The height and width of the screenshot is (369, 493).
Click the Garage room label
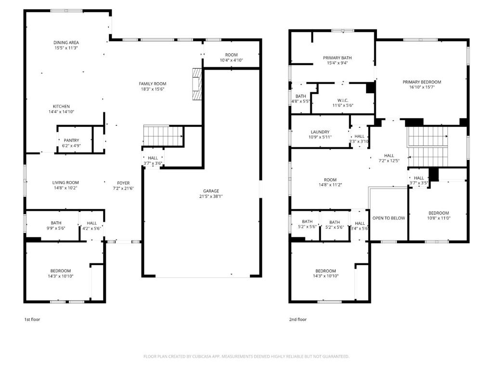(211, 191)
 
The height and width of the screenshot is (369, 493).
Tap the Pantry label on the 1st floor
(71, 140)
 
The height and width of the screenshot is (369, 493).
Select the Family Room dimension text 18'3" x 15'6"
(153, 89)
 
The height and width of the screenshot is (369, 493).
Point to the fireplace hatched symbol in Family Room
(197, 84)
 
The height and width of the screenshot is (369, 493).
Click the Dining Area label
(66, 42)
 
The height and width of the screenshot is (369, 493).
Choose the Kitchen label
(61, 106)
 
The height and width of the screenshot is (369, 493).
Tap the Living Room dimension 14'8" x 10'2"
(65, 188)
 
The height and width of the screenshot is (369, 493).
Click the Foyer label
(123, 183)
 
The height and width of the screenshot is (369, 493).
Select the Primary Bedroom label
(422, 82)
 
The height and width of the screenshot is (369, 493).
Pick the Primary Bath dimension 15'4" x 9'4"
(337, 63)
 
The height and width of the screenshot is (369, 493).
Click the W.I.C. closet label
(343, 100)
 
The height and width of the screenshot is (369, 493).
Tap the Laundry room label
(320, 132)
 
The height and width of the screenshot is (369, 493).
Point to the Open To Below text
(389, 218)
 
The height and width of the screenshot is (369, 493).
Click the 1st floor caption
(32, 320)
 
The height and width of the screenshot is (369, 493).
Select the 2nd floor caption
(298, 320)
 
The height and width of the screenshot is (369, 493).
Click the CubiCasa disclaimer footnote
(246, 357)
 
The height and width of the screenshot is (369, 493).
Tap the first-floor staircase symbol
(163, 136)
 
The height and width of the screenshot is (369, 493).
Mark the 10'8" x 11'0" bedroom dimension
(439, 218)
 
